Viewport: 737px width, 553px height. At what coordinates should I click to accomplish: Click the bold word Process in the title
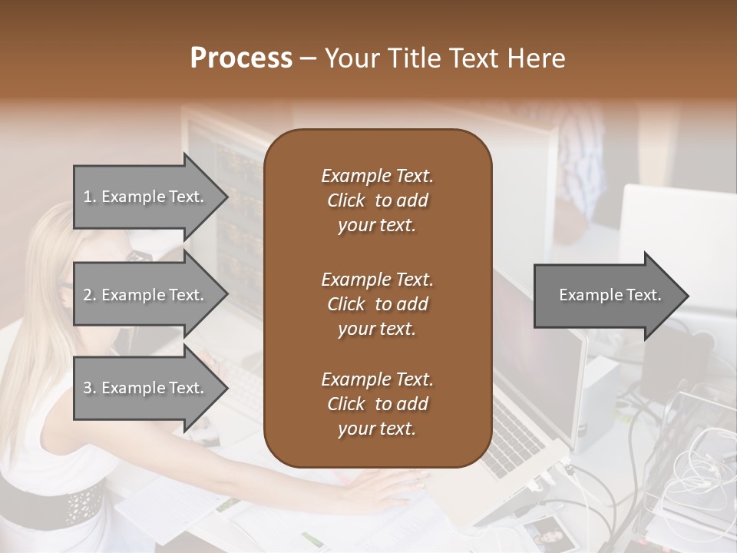[x=241, y=58]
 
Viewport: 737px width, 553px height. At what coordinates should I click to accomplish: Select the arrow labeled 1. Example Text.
[x=144, y=197]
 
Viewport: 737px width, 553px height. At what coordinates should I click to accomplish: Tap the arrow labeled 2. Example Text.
[x=144, y=295]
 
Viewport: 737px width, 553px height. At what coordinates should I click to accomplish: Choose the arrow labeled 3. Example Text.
[x=144, y=388]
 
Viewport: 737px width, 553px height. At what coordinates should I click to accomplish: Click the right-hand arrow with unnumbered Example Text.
[x=610, y=296]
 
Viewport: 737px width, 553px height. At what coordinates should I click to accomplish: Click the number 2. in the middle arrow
[x=90, y=295]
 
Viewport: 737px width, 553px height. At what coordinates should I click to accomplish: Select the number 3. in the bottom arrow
[x=90, y=388]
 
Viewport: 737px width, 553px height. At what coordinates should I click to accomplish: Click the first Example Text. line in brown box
[x=377, y=176]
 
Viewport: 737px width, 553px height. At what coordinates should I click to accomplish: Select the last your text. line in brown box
[x=377, y=429]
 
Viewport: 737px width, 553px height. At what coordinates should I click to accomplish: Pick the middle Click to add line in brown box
[x=377, y=304]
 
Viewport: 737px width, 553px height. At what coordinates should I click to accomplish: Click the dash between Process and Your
[x=309, y=58]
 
